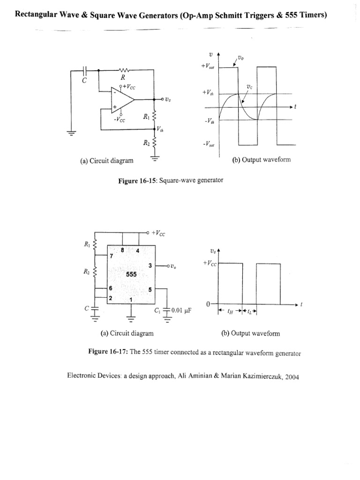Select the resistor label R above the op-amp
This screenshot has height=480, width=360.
pyautogui.click(x=122, y=78)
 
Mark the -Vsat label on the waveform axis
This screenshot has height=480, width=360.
pyautogui.click(x=209, y=144)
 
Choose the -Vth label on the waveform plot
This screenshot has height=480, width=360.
pyautogui.click(x=209, y=120)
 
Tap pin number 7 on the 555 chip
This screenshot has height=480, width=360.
pyautogui.click(x=112, y=256)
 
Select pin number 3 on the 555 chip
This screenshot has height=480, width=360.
pyautogui.click(x=150, y=266)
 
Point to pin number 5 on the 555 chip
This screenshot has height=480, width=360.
pyautogui.click(x=150, y=290)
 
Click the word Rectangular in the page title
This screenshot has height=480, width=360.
pyautogui.click(x=38, y=15)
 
